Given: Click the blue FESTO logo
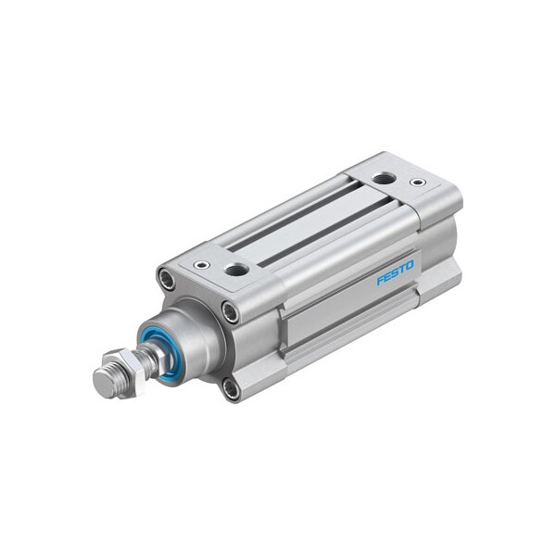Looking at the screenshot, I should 396,272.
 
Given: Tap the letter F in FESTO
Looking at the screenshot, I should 380,279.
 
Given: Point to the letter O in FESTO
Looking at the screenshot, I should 411,266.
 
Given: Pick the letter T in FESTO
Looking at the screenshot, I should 402,270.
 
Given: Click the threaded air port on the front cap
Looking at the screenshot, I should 236,271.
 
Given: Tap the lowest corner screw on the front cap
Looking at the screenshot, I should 231,389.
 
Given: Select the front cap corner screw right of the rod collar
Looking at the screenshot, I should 230,313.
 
